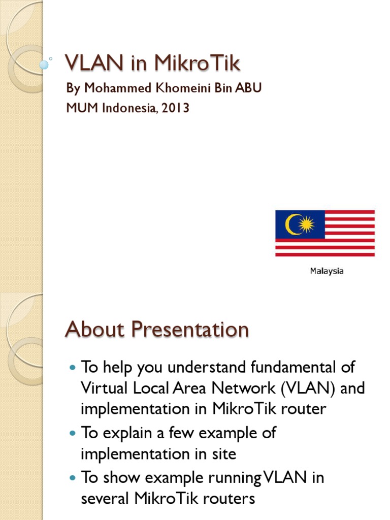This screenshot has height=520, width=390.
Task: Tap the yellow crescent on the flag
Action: [292, 224]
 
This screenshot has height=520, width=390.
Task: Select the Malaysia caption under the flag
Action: [327, 271]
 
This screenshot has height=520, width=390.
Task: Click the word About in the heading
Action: [95, 330]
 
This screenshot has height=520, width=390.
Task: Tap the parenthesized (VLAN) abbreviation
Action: [317, 388]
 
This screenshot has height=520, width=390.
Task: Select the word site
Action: [222, 453]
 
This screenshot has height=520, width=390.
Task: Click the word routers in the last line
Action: [230, 499]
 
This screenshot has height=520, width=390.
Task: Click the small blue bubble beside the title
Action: [44, 64]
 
